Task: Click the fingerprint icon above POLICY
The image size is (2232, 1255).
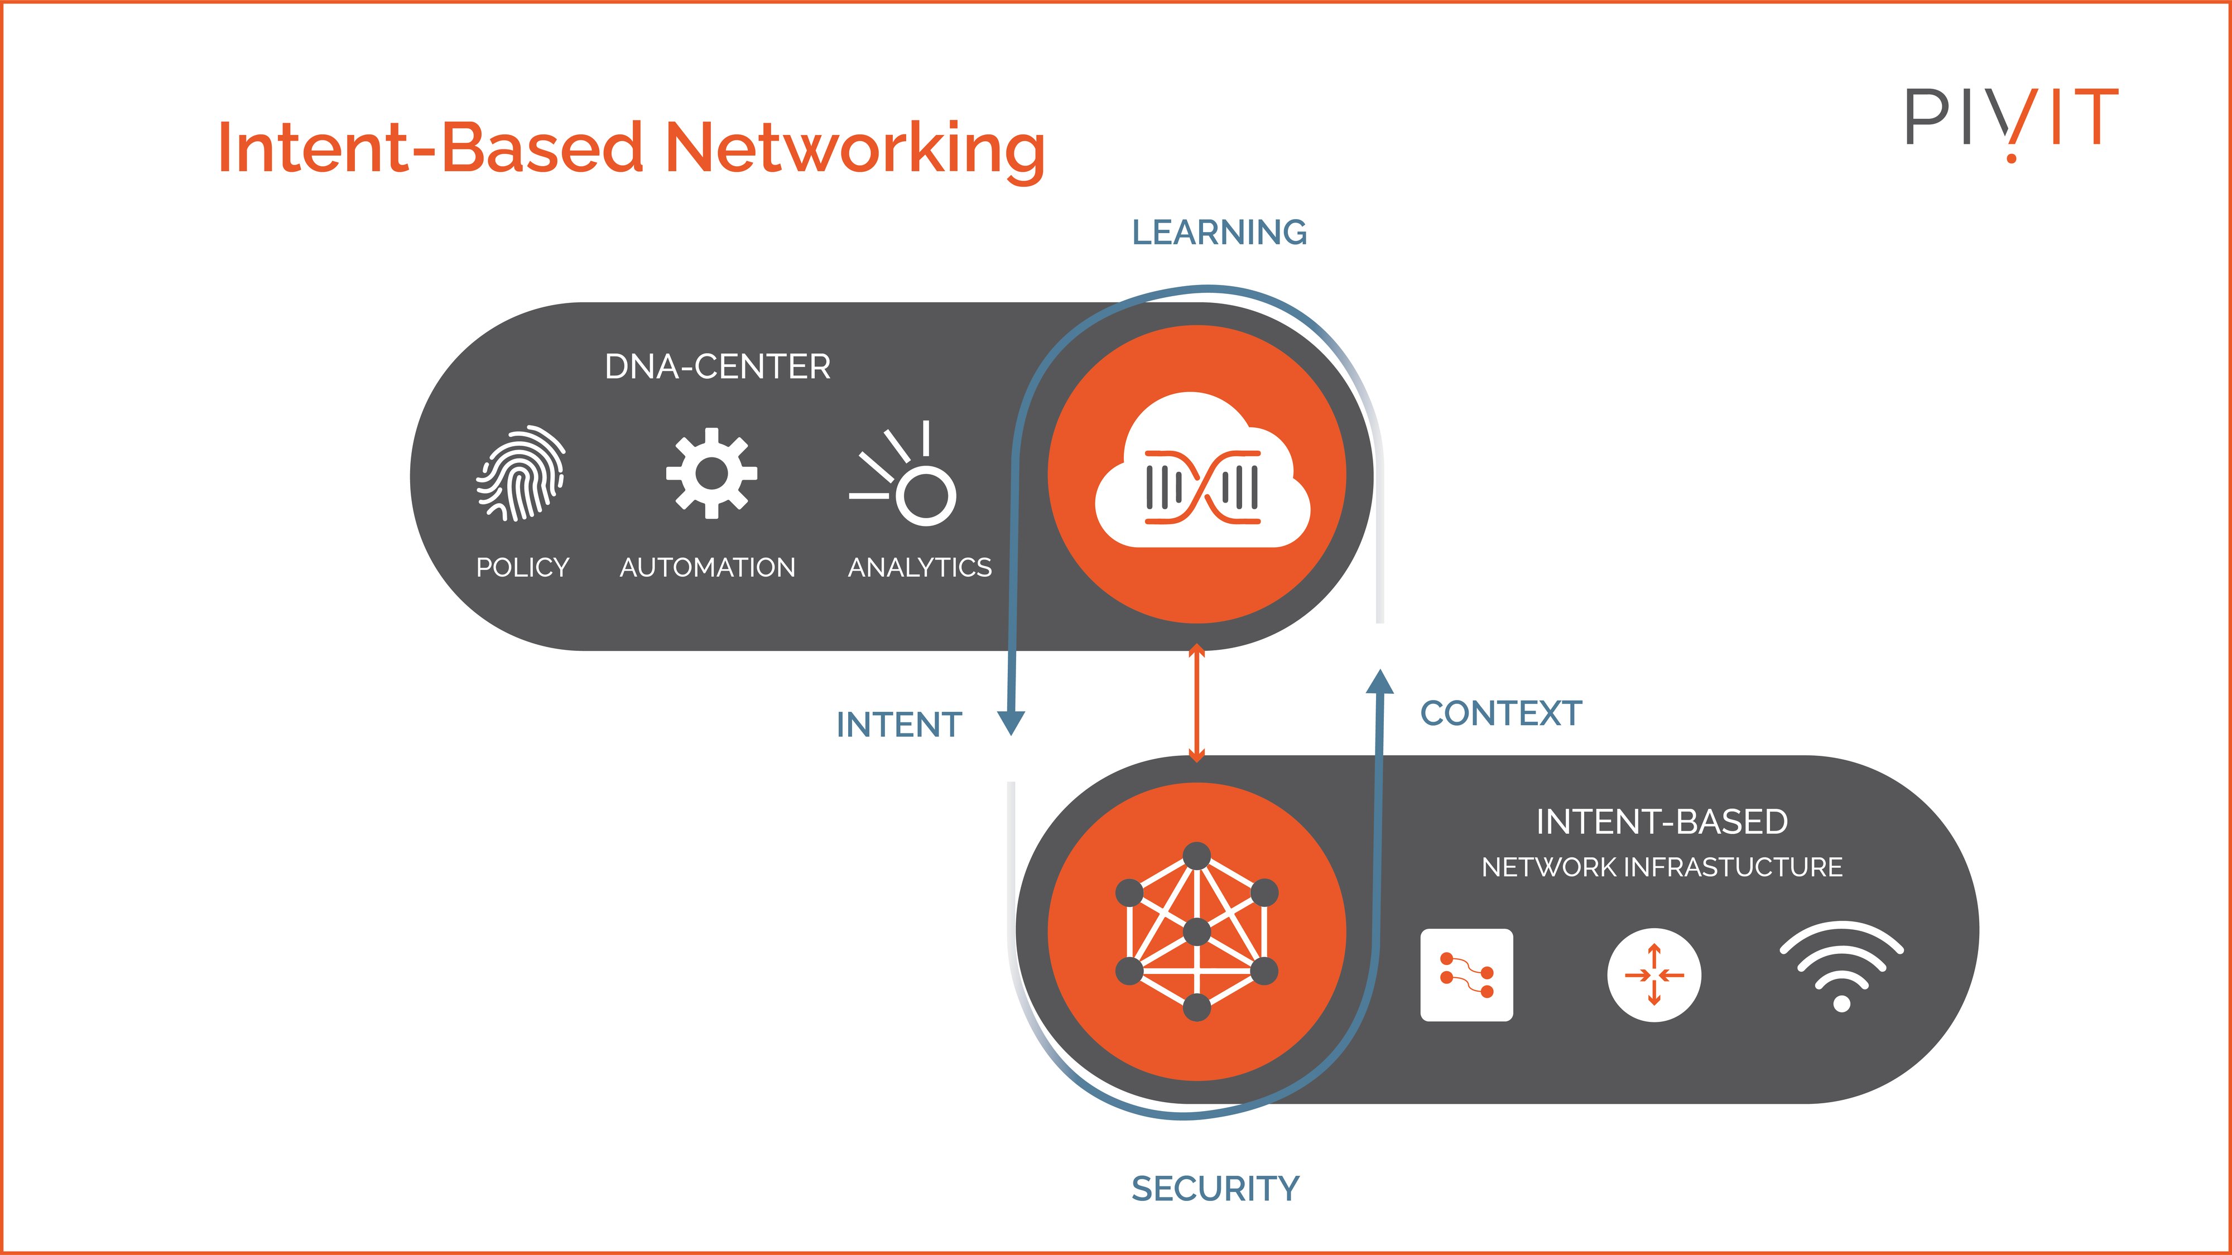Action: [521, 473]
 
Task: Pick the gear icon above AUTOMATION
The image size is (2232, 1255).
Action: [711, 473]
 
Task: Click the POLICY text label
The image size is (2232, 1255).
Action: [522, 567]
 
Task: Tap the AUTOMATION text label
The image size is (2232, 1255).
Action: [707, 567]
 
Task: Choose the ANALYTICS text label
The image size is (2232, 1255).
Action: [920, 567]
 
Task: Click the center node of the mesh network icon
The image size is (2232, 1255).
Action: [1196, 933]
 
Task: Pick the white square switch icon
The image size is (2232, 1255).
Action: [1466, 975]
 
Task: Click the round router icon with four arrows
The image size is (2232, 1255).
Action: [1653, 975]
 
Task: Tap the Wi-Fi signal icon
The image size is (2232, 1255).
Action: [1841, 966]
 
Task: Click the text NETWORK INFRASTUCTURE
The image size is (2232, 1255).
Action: [1661, 867]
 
